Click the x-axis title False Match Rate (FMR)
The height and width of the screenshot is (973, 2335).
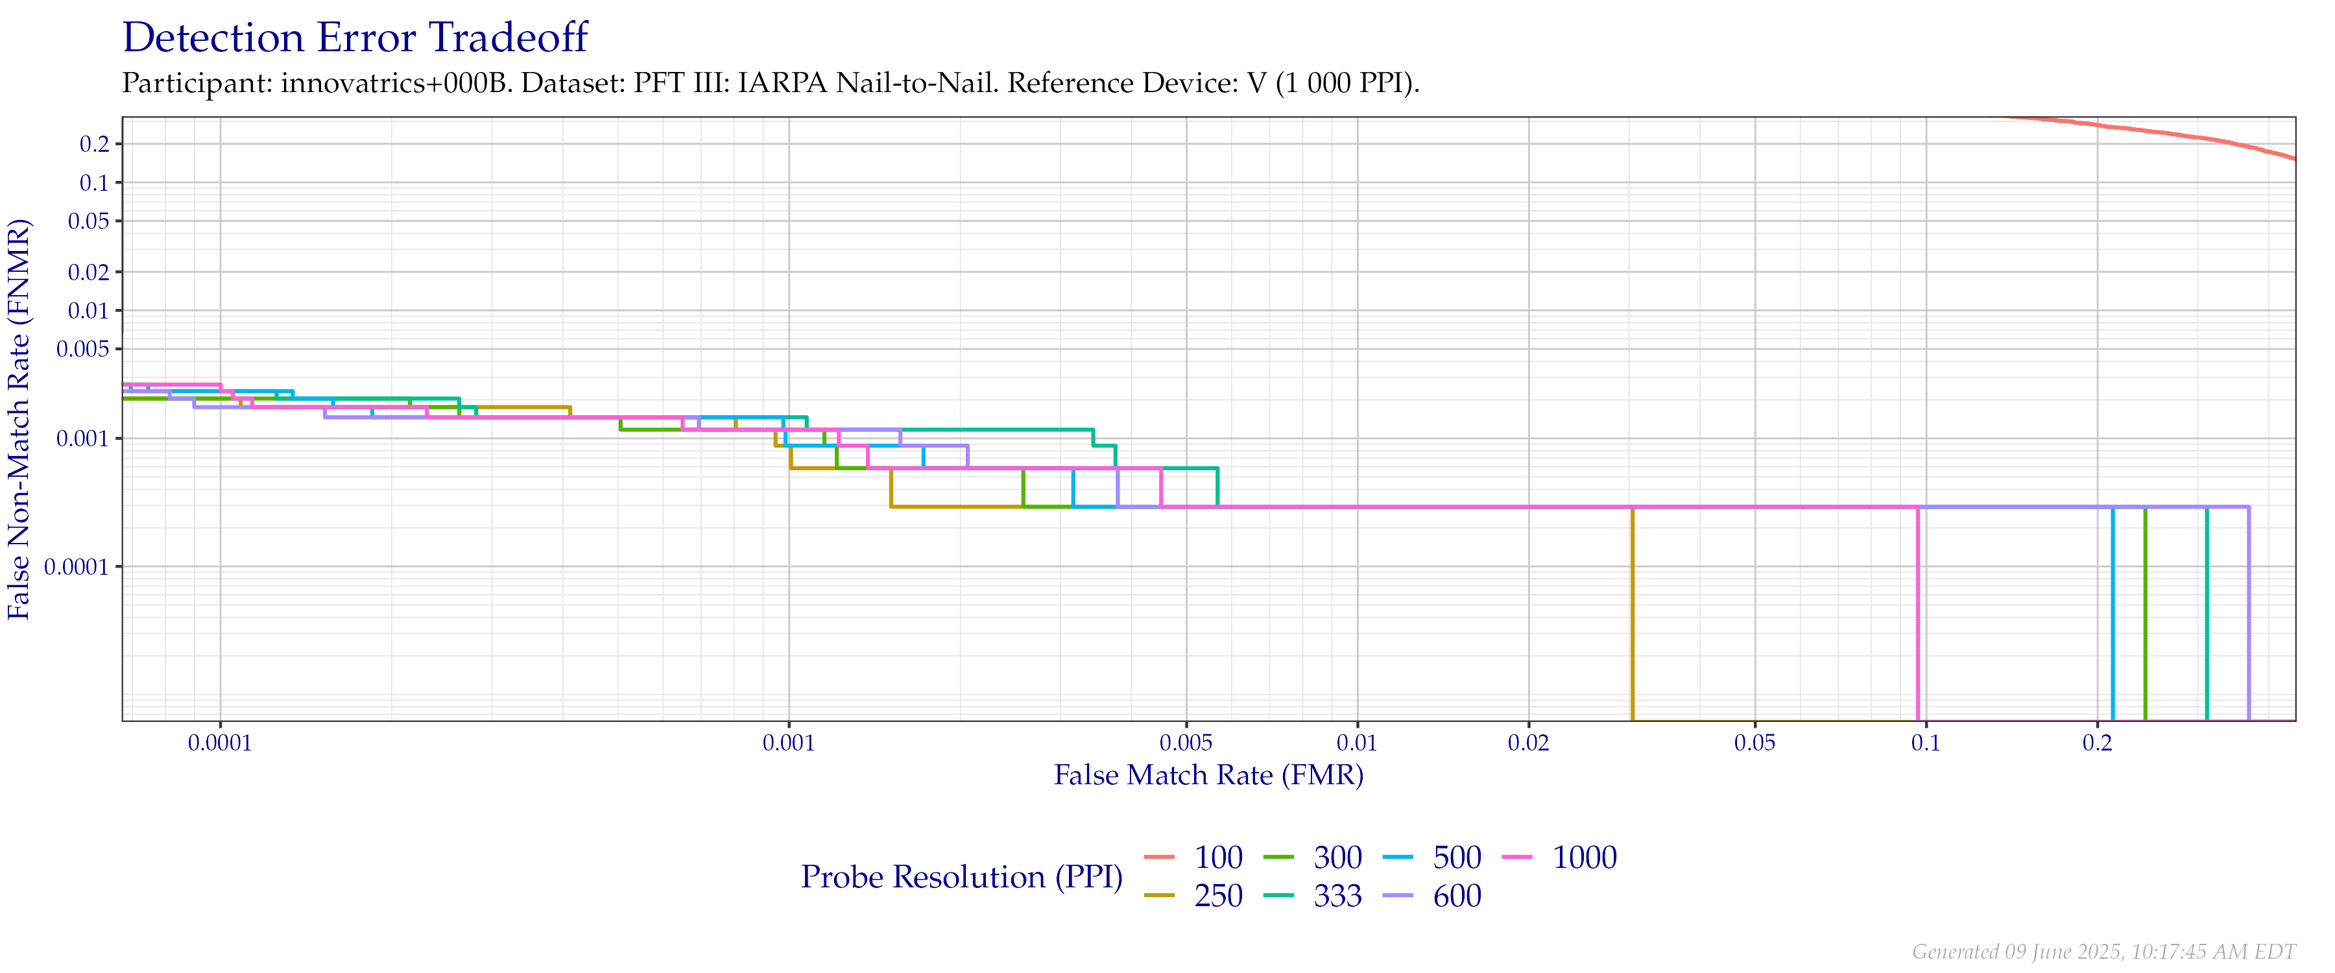point(1208,775)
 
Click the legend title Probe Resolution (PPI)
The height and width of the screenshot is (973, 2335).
point(962,877)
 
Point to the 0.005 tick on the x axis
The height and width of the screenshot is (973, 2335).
point(1186,743)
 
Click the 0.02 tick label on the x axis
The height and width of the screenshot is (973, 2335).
point(1528,743)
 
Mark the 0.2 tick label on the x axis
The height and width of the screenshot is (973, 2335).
point(2096,743)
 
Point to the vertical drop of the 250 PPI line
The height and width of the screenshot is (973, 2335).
point(1633,617)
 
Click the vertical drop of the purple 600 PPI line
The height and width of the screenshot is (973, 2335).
point(2249,617)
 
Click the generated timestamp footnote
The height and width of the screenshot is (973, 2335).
point(2103,951)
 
